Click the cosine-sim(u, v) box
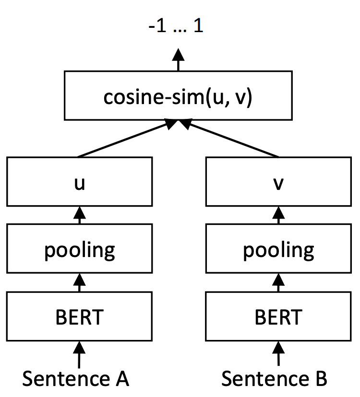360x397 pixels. (x=178, y=95)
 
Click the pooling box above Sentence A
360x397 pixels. (x=79, y=249)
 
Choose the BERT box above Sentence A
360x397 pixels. (x=79, y=317)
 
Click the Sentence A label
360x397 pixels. (x=76, y=379)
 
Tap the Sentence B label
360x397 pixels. (x=275, y=379)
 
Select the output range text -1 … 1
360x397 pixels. (x=176, y=26)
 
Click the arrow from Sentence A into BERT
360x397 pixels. (x=79, y=354)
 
